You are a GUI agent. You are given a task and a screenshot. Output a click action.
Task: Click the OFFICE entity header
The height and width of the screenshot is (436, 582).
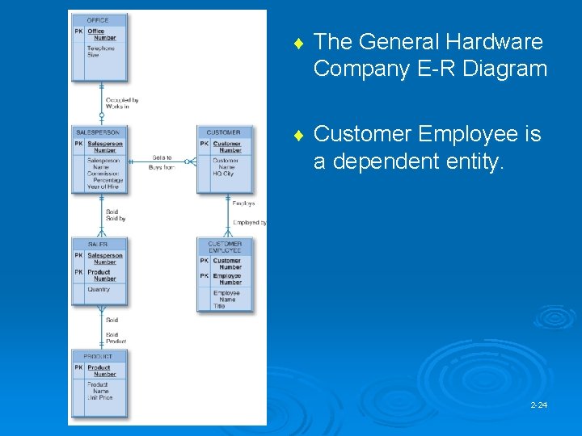(97, 20)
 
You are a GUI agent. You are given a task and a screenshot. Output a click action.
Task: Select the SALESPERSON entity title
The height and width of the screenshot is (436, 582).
(98, 132)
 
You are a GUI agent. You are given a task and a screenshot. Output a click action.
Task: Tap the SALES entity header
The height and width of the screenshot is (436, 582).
(98, 244)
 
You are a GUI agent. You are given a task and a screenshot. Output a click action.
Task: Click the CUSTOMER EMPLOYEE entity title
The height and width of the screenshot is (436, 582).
(225, 247)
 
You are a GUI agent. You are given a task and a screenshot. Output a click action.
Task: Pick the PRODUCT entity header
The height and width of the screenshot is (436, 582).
(98, 356)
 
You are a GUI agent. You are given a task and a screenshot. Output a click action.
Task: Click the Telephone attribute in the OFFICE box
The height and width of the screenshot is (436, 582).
(101, 48)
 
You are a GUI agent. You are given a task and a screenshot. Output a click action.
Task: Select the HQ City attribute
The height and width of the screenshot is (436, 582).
(224, 174)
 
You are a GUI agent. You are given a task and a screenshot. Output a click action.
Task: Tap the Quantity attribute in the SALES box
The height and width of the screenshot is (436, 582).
(99, 289)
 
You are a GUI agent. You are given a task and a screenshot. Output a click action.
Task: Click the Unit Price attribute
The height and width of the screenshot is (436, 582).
(100, 397)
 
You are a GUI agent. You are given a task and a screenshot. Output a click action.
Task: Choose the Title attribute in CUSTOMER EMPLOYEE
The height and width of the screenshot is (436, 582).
(219, 306)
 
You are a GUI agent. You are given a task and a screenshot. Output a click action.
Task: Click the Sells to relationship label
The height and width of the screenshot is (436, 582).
(162, 158)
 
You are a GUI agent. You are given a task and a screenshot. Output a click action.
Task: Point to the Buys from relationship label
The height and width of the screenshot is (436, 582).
(162, 167)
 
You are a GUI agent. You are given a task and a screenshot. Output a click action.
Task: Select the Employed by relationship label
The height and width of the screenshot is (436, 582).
(249, 223)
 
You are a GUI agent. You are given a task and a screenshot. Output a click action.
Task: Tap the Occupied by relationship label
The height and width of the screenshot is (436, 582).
(122, 100)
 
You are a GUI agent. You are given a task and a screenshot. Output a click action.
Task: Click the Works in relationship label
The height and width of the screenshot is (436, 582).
(117, 107)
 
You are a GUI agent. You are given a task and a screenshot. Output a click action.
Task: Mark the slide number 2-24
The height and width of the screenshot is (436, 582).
(539, 404)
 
